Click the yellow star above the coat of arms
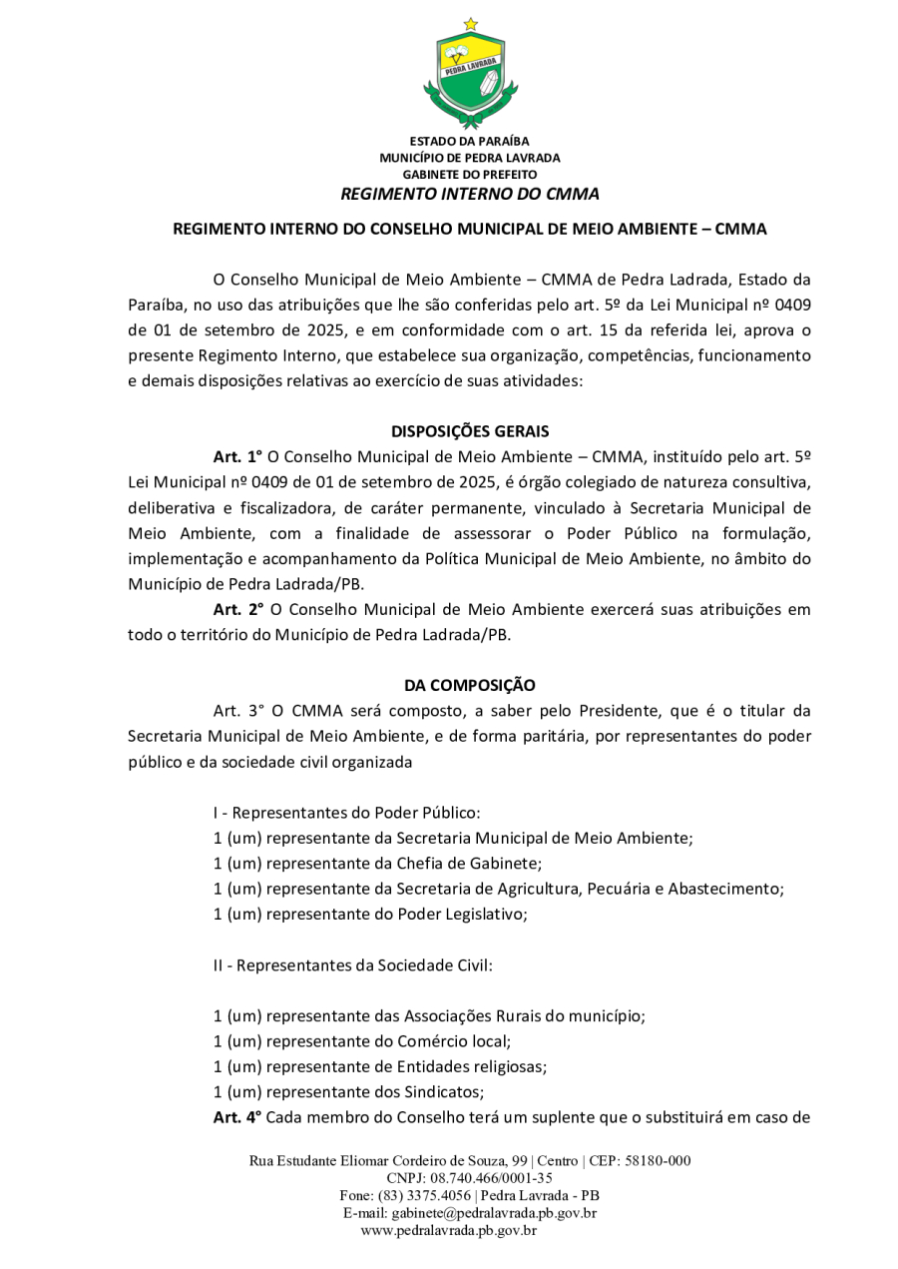(x=470, y=24)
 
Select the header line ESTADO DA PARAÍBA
(x=469, y=141)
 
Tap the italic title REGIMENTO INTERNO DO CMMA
(x=469, y=194)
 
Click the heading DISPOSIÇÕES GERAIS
(x=469, y=431)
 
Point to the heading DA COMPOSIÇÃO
(x=469, y=685)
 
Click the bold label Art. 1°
(x=237, y=456)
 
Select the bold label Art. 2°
(x=237, y=609)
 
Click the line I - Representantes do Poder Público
(x=347, y=813)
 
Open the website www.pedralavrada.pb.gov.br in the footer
(x=449, y=1230)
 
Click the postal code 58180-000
(x=658, y=1161)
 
